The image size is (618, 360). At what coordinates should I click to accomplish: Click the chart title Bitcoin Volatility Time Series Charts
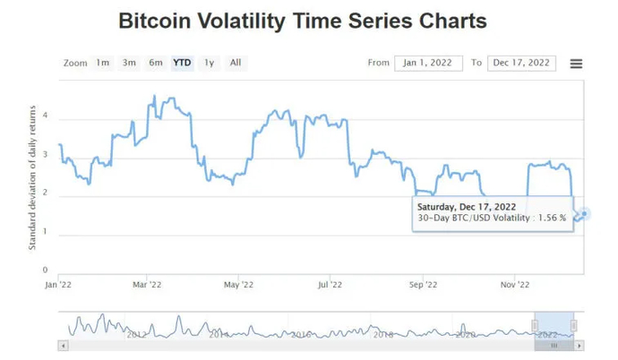tap(303, 21)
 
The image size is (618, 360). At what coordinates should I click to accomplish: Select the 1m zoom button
tap(103, 63)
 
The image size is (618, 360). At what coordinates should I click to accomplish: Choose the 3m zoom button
tap(130, 63)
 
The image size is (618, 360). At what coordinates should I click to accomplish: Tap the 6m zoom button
tap(156, 63)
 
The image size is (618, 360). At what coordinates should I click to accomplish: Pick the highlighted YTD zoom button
tap(182, 63)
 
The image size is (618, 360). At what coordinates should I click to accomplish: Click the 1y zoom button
tap(209, 63)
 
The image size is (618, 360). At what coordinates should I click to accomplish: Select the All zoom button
tap(235, 63)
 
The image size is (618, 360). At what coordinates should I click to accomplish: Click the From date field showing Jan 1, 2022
tap(428, 63)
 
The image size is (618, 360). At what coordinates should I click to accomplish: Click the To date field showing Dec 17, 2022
tap(521, 63)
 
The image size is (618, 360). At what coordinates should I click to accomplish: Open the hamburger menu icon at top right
tap(576, 64)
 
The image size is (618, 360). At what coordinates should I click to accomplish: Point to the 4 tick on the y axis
tap(45, 117)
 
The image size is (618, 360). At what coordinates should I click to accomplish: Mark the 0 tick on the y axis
tap(45, 270)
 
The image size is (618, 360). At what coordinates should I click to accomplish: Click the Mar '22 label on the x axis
tap(146, 285)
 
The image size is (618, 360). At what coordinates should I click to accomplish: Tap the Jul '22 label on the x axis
tap(330, 285)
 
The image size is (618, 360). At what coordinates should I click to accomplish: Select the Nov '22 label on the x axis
tap(515, 285)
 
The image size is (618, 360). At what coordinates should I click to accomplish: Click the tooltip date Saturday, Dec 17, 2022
tap(467, 206)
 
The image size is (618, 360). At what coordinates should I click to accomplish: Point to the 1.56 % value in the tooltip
tap(549, 219)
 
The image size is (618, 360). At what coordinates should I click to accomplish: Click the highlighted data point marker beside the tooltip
tap(584, 213)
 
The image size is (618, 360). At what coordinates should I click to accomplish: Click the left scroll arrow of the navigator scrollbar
tap(63, 345)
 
